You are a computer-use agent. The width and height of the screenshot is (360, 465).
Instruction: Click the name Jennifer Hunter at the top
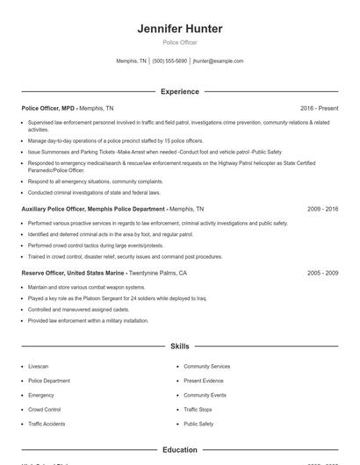180,29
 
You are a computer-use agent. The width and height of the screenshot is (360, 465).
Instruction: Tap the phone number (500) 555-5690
169,61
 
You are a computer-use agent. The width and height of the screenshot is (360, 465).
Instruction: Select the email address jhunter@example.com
218,61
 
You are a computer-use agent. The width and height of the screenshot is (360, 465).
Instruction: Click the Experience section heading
180,91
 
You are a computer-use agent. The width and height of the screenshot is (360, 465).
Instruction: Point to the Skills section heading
180,347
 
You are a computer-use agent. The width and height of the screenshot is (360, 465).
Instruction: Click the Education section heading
180,449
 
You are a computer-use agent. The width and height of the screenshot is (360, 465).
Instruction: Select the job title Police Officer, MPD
48,108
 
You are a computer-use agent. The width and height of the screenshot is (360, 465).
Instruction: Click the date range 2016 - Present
319,108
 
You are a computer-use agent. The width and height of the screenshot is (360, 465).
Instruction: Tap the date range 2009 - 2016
322,210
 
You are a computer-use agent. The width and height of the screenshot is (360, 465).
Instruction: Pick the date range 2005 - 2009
322,273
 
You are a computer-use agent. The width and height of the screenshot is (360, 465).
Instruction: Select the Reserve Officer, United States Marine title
75,273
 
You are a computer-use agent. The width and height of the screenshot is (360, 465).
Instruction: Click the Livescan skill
39,366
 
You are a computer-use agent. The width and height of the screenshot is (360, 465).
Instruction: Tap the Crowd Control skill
45,410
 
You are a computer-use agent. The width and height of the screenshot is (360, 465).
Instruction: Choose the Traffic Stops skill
198,410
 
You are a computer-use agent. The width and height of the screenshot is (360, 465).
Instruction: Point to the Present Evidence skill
204,381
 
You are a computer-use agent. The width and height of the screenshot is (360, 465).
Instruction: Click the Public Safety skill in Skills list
198,424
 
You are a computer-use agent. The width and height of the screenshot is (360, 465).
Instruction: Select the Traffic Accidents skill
47,424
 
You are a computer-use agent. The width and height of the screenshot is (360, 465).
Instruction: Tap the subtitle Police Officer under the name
180,42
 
